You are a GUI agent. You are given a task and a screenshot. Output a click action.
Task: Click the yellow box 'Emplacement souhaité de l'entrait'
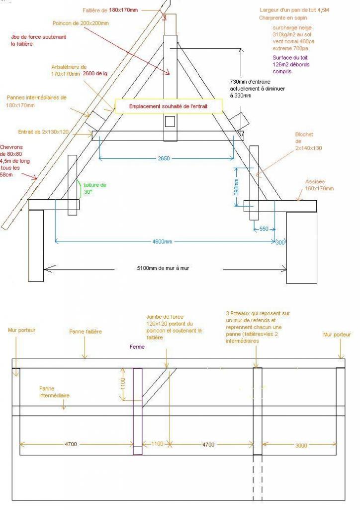[x=169, y=106]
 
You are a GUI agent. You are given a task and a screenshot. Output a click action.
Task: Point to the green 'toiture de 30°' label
[x=95, y=188]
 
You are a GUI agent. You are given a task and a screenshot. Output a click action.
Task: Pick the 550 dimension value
[x=264, y=229]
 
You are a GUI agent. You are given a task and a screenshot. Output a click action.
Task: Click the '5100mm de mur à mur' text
[x=163, y=268]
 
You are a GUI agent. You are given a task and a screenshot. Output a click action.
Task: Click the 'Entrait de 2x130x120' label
[x=43, y=132]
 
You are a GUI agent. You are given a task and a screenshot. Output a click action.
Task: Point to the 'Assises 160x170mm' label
[x=319, y=185]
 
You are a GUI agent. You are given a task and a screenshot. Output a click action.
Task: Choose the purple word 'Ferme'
[x=137, y=347]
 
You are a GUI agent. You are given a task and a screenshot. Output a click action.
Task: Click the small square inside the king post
[x=170, y=121]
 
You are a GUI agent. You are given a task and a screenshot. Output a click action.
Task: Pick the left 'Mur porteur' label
[x=22, y=330]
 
